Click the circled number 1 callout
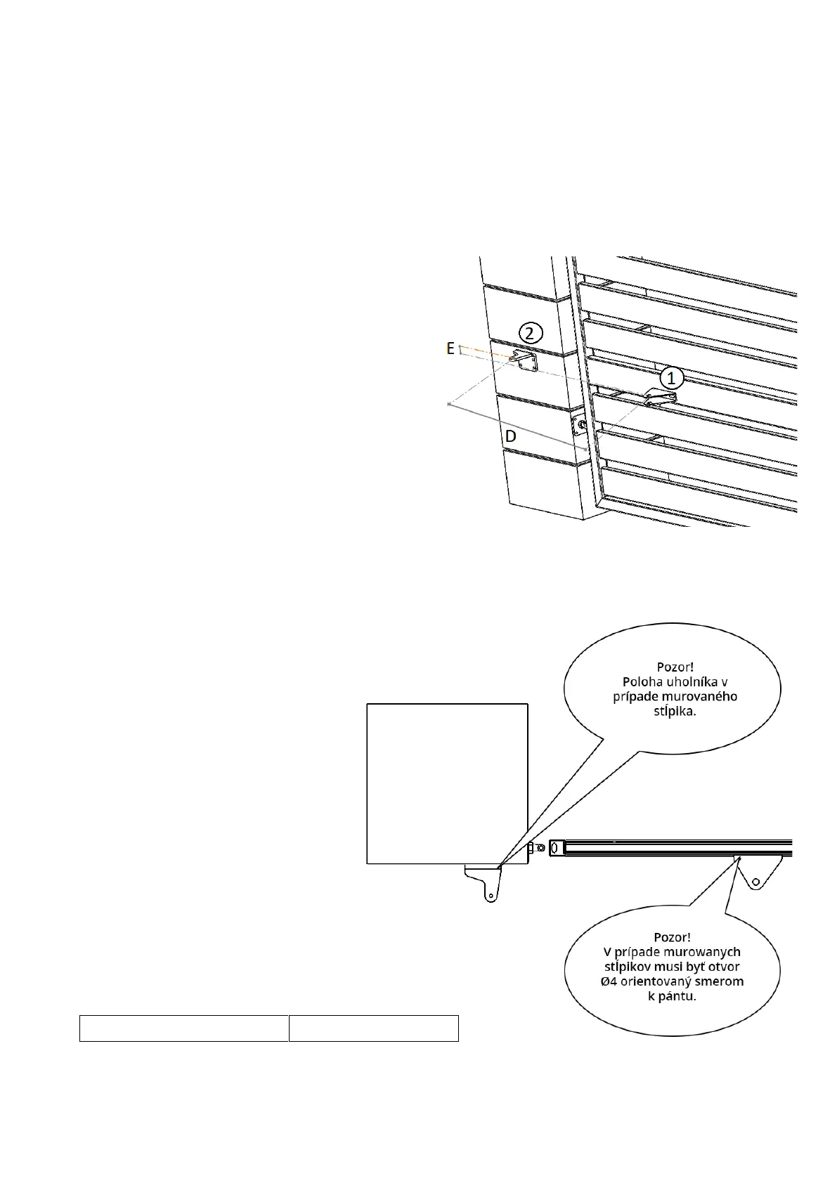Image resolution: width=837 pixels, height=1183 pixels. click(x=671, y=378)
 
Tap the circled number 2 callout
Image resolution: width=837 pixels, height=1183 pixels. click(x=531, y=333)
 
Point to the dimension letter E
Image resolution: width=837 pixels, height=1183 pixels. click(x=450, y=348)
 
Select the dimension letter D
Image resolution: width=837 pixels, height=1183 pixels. click(x=510, y=436)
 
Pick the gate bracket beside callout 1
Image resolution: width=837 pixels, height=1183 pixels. click(x=661, y=398)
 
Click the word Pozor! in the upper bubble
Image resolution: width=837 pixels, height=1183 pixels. click(x=675, y=667)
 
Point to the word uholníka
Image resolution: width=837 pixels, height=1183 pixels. click(x=685, y=682)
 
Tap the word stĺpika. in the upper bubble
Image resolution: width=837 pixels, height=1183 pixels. click(x=675, y=712)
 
